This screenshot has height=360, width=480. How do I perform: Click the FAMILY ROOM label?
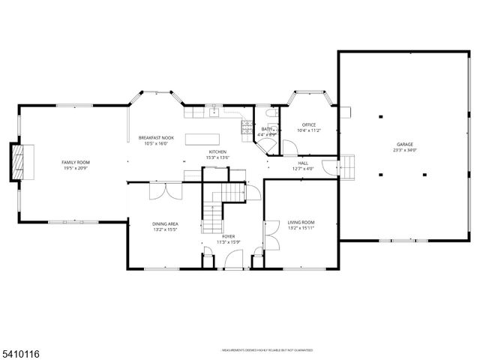point(75,162)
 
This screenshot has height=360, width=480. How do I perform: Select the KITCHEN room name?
point(218,152)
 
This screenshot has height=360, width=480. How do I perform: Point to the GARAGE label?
point(405,144)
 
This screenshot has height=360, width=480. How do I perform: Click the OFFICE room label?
point(308,124)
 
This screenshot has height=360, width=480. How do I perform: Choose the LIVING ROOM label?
point(301,222)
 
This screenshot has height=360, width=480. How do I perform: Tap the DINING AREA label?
point(166,223)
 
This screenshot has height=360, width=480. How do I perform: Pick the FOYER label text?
point(228,236)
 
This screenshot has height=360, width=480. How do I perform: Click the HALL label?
point(303,163)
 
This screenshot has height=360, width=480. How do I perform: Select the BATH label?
point(267,129)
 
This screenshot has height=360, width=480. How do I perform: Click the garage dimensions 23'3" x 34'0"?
point(405,150)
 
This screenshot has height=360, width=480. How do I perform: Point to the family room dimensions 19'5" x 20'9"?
point(75,168)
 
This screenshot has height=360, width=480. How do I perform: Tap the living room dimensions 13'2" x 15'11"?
point(301,228)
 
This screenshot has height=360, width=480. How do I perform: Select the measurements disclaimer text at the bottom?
point(266,350)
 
